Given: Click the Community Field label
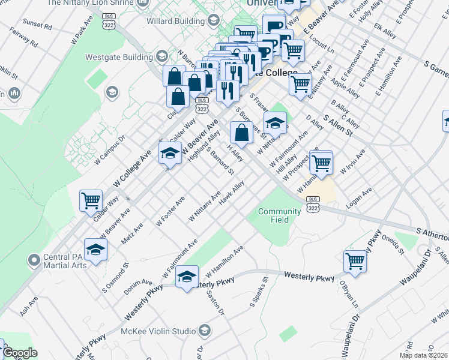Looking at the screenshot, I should point(279,215).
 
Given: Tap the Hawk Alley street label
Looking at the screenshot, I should point(232,193).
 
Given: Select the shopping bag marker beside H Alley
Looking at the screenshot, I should point(241,134).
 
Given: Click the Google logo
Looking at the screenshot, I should point(19,353).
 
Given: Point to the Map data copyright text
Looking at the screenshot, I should point(424,355).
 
